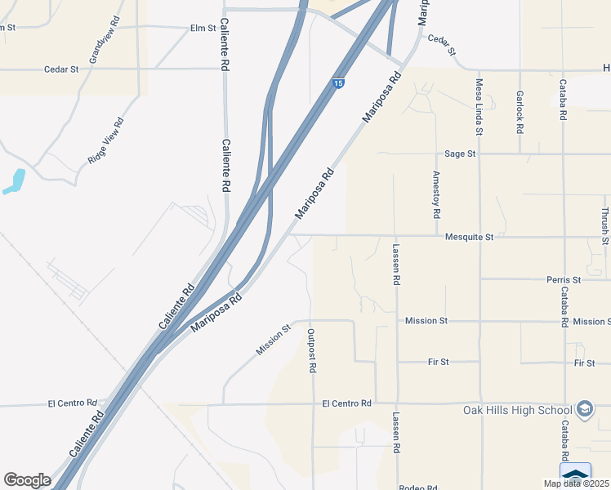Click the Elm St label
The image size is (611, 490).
pyautogui.click(x=203, y=28)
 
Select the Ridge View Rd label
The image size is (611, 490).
pyautogui.click(x=106, y=142)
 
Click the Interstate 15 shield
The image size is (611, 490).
pyautogui.click(x=338, y=83)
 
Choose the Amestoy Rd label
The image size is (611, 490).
pyautogui.click(x=437, y=194)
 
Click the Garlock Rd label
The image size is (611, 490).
pyautogui.click(x=520, y=112)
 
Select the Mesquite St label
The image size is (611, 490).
pyautogui.click(x=470, y=237)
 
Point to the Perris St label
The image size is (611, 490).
pyautogui.click(x=563, y=279)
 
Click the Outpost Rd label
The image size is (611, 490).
pyautogui.click(x=311, y=350)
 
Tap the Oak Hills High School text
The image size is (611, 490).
pyautogui.click(x=516, y=410)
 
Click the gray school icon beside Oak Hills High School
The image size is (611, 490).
pyautogui.click(x=585, y=408)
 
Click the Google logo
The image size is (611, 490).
pyautogui.click(x=27, y=480)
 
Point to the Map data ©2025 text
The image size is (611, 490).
pyautogui.click(x=576, y=483)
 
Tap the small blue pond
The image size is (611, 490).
pyautogui.click(x=15, y=180)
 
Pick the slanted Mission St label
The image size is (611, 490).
pyautogui.click(x=274, y=340)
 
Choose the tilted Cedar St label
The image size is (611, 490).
pyautogui.click(x=441, y=44)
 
